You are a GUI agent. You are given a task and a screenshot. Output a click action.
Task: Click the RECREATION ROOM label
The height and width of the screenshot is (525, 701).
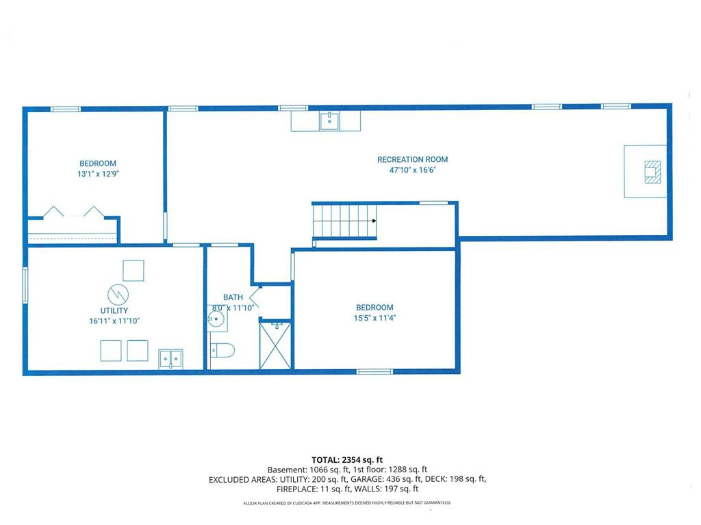tap(412, 159)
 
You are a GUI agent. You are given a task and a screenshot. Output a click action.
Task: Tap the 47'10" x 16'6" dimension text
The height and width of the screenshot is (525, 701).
tap(412, 170)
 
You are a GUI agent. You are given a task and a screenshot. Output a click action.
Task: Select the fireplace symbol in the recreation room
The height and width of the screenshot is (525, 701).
tap(652, 172)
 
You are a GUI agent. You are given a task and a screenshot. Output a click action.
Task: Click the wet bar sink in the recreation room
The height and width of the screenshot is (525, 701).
tap(329, 121)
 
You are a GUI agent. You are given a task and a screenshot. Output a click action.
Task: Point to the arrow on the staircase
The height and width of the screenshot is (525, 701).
tap(374, 221)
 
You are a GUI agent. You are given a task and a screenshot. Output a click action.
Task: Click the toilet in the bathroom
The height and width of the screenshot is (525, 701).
tap(222, 351)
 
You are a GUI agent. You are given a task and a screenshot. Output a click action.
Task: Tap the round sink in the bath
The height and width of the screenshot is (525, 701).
tap(217, 319)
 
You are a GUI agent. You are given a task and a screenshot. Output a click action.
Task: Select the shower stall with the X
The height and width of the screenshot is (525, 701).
tap(275, 345)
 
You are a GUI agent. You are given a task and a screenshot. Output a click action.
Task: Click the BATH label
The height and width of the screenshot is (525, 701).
tap(233, 297)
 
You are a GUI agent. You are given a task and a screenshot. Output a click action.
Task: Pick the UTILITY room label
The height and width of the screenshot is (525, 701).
tap(114, 310)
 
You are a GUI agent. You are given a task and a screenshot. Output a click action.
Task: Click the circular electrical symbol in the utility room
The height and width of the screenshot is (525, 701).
tap(118, 294)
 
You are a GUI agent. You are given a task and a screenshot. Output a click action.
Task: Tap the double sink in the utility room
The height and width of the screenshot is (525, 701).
tap(170, 359)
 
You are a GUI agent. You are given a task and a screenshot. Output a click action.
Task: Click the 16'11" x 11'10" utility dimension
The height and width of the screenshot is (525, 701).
tap(114, 321)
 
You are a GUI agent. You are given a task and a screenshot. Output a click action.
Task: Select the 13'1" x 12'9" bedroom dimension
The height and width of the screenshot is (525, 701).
tap(97, 174)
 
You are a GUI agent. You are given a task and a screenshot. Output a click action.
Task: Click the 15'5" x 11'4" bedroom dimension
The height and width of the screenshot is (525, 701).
tap(374, 318)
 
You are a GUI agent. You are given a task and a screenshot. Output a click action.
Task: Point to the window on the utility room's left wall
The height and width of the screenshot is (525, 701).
tap(25, 285)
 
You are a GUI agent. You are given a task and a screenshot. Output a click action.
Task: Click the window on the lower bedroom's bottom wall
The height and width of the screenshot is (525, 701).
tap(374, 371)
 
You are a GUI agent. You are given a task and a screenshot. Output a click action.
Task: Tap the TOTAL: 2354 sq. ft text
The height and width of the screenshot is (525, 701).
tap(347, 460)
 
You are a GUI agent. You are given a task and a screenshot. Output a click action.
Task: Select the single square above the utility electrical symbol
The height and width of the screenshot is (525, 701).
tap(133, 271)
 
